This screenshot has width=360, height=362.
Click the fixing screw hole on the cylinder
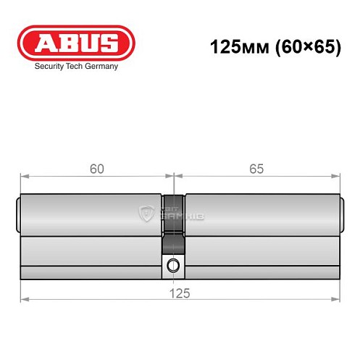tap(172, 264)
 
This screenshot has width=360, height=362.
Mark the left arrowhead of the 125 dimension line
tap(23, 298)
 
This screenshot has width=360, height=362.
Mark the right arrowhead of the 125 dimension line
tap(337, 298)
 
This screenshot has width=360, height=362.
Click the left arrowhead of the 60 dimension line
tap(23, 175)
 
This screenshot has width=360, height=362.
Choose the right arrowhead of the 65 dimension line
tap(337, 175)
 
